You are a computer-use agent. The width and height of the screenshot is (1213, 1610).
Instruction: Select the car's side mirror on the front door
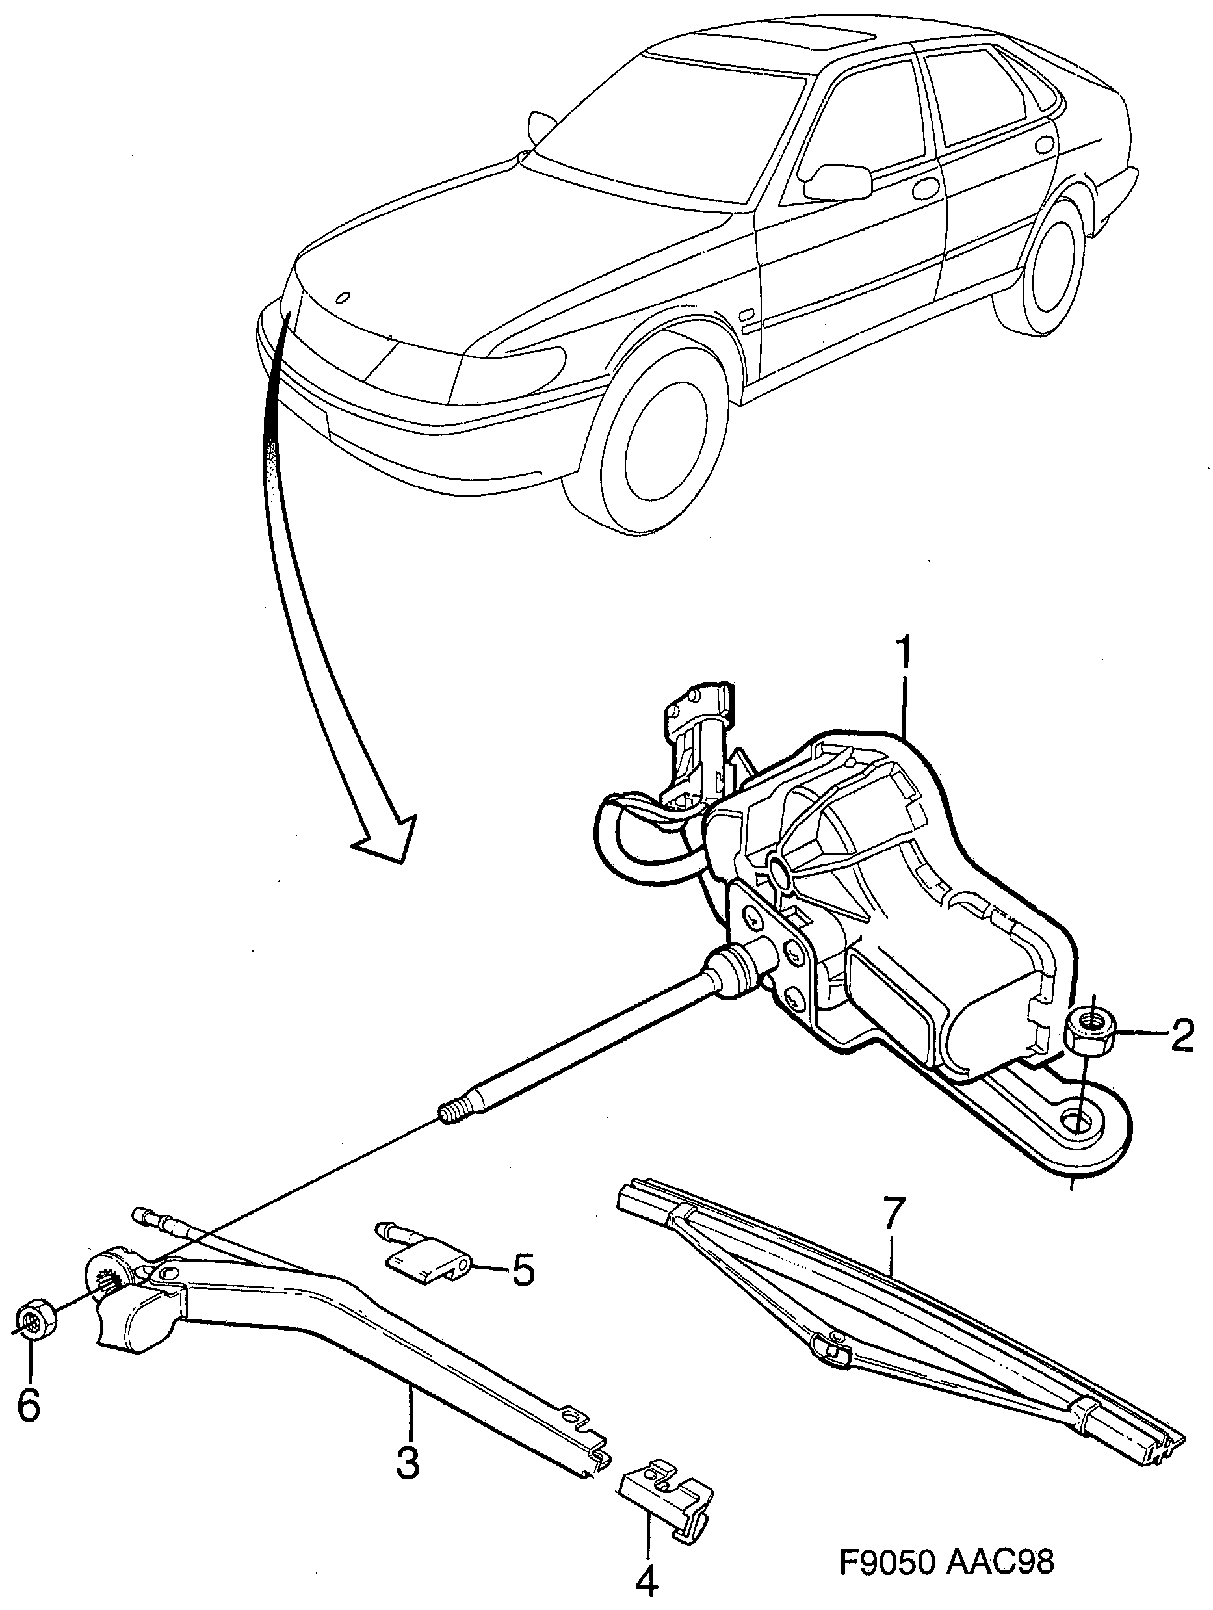[839, 182]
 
